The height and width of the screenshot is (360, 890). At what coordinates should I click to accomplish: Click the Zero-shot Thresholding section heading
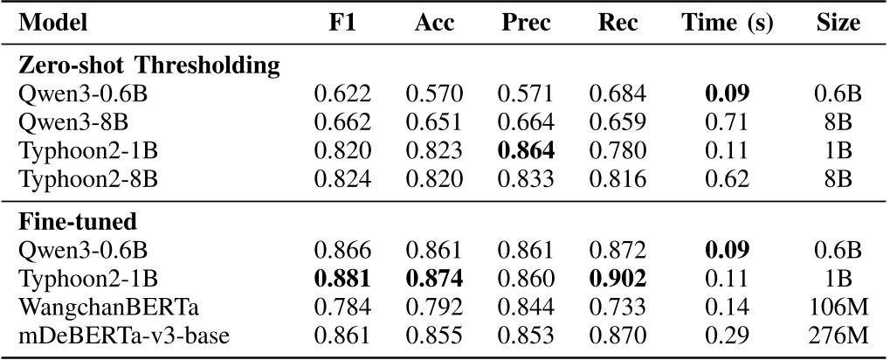(x=148, y=65)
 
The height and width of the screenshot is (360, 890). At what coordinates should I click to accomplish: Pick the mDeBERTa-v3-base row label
(x=111, y=333)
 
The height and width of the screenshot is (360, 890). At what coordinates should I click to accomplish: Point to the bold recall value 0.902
(x=617, y=279)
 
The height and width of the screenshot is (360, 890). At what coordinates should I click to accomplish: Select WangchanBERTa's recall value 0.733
(x=617, y=306)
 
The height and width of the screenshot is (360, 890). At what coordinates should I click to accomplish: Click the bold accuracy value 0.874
(x=434, y=279)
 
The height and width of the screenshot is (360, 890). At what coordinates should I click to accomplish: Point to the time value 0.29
(x=727, y=333)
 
